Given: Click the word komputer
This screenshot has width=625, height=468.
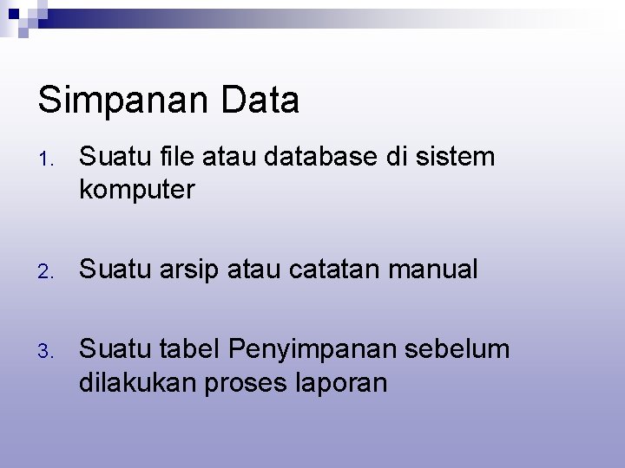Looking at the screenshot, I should coord(137,189).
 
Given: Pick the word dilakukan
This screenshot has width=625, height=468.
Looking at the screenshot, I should coord(137,381).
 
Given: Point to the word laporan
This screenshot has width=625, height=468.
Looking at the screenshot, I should coord(342,382).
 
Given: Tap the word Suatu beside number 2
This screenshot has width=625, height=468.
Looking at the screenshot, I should coord(112,270).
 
